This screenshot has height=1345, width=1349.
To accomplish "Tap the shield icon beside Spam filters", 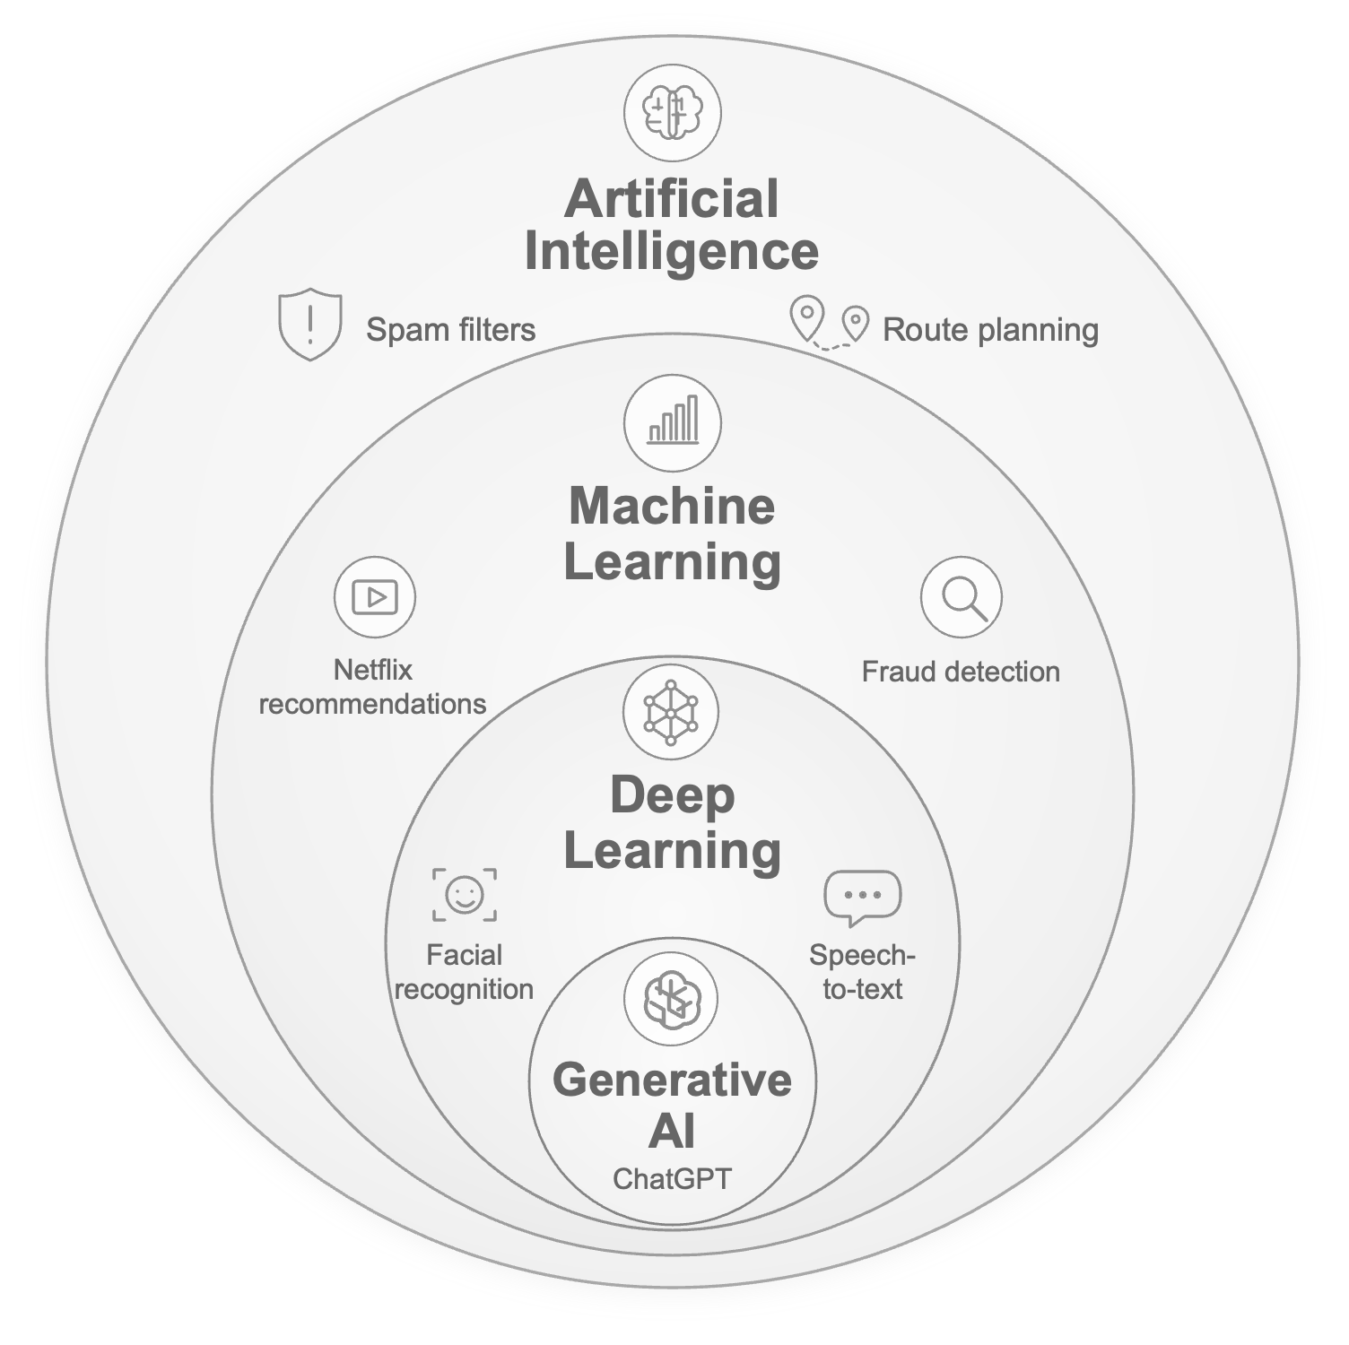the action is pyautogui.click(x=310, y=324).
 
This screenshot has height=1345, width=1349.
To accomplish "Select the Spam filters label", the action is pyautogui.click(x=450, y=329).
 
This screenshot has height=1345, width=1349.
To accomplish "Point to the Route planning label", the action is pyautogui.click(x=990, y=330).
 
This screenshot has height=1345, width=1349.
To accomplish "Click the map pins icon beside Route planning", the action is pyautogui.click(x=830, y=322).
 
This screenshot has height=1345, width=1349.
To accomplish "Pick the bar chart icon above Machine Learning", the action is pyautogui.click(x=673, y=422).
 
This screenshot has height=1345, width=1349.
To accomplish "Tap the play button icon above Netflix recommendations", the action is pyautogui.click(x=375, y=596).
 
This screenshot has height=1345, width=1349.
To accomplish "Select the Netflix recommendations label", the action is pyautogui.click(x=372, y=687).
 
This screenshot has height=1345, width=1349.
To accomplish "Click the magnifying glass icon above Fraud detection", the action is pyautogui.click(x=962, y=597).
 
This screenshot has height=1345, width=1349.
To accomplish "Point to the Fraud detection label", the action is pyautogui.click(x=961, y=672).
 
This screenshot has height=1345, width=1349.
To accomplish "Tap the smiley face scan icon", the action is pyautogui.click(x=465, y=895).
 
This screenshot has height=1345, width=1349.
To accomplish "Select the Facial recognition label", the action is pyautogui.click(x=464, y=972).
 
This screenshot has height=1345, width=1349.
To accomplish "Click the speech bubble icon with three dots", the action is pyautogui.click(x=863, y=898).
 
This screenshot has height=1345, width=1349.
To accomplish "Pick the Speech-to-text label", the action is pyautogui.click(x=862, y=972).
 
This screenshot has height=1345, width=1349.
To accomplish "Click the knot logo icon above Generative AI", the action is pyautogui.click(x=671, y=1000).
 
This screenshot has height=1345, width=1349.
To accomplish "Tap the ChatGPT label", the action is pyautogui.click(x=672, y=1178).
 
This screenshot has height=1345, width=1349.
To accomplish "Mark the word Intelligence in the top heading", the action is pyautogui.click(x=671, y=252).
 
